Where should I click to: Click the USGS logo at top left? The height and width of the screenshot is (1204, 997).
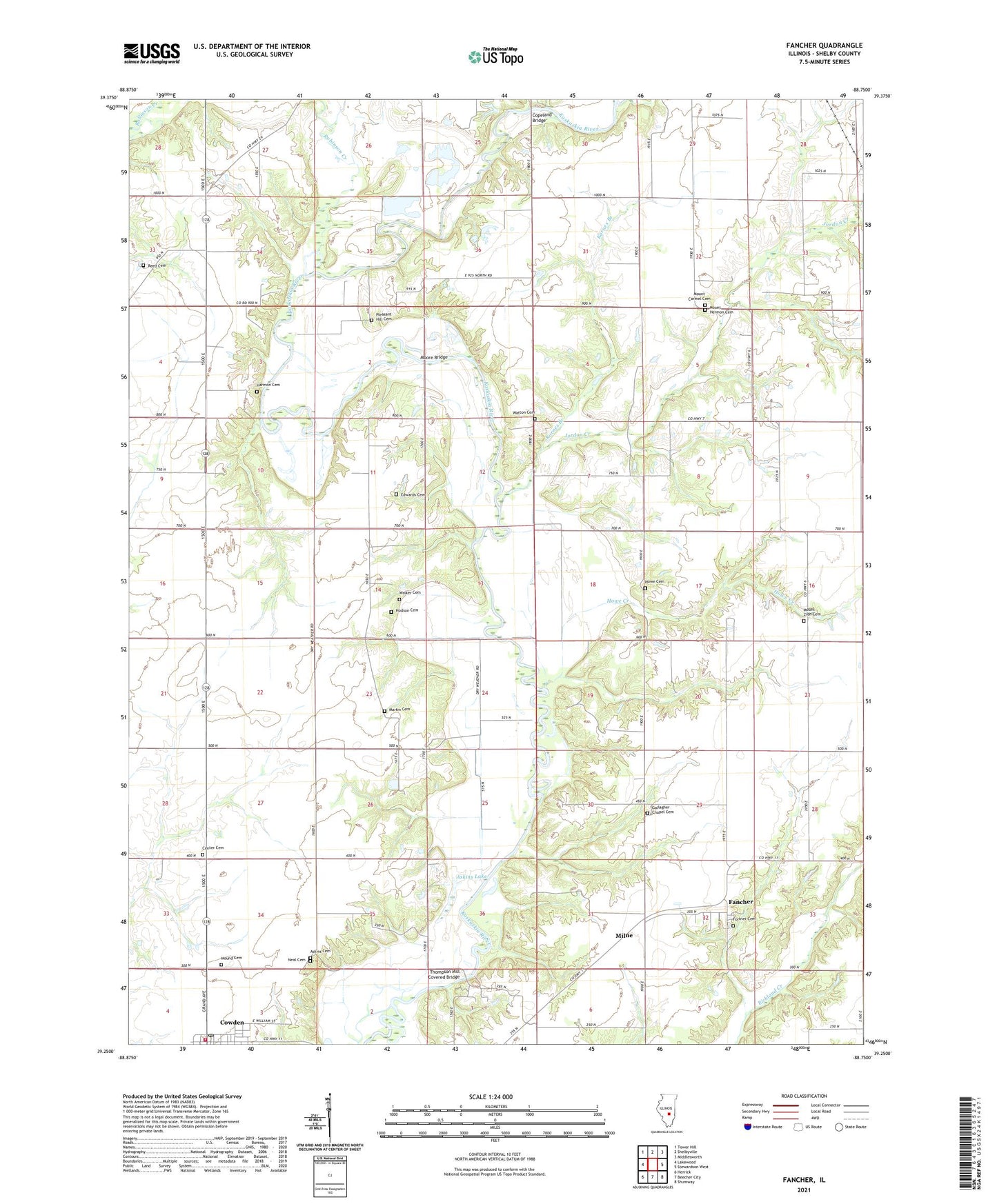tap(152, 53)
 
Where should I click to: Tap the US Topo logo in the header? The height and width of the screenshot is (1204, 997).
tap(495, 57)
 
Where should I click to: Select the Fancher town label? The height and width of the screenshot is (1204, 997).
tap(741, 902)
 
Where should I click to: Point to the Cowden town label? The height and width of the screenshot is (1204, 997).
tap(232, 1022)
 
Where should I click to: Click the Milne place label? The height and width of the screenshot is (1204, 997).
tap(624, 935)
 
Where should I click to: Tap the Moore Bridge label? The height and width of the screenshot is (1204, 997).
tap(434, 357)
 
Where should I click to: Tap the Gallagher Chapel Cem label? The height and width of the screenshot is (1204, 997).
tap(662, 810)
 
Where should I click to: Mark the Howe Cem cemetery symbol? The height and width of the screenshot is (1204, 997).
tap(645, 588)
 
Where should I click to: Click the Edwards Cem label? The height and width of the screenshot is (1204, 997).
tap(413, 494)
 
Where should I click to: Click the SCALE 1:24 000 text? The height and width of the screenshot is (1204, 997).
tap(491, 1097)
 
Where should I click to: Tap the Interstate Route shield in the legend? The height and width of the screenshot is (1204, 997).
tap(749, 1127)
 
